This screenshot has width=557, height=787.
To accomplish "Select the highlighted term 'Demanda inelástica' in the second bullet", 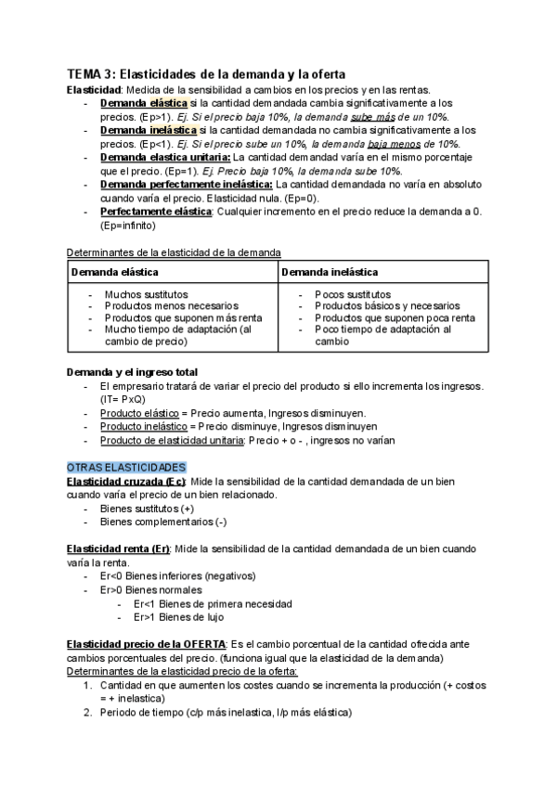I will click(x=148, y=131).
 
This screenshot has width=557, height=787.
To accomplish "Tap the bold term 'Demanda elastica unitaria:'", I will click(x=165, y=158).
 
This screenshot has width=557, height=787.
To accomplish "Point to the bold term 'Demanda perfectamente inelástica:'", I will click(x=186, y=185).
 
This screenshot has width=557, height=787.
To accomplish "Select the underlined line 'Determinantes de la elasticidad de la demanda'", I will click(x=174, y=252).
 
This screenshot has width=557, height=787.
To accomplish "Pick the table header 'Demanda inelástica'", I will click(x=330, y=272).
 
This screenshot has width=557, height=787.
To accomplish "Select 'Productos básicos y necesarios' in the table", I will click(x=386, y=305).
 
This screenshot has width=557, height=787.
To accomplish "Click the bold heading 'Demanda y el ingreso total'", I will click(x=132, y=372).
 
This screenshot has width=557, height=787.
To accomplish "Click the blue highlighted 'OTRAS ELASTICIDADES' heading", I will click(x=126, y=467).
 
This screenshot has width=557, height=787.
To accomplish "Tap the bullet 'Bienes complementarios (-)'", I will click(x=160, y=522).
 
